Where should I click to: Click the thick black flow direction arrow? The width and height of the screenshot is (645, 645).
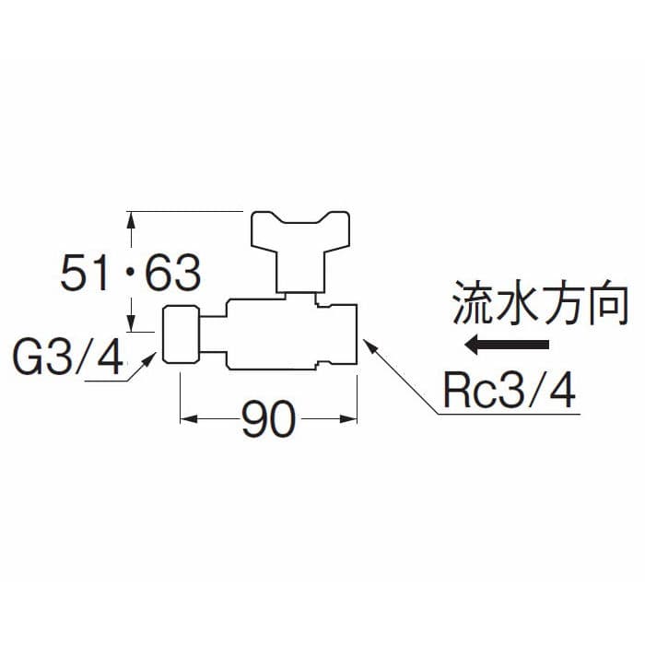tap(507, 346)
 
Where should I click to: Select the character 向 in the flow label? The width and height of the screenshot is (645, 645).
tap(608, 304)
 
